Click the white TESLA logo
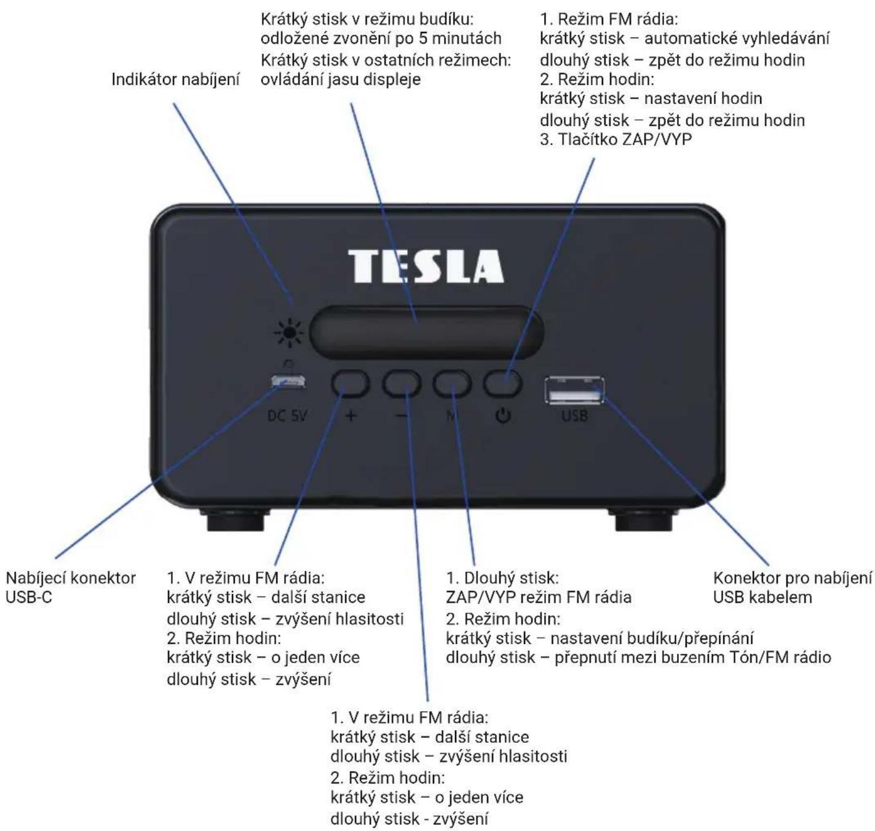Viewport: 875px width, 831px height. [426, 266]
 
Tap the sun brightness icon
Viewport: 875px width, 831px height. [289, 333]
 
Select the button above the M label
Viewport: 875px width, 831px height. [451, 383]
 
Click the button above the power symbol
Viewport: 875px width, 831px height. [502, 383]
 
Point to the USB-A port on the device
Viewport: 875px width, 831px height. [574, 391]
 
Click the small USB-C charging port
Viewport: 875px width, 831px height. [288, 381]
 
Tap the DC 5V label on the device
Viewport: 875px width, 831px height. [287, 416]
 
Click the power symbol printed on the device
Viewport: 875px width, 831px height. [503, 416]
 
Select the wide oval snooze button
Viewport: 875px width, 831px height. [426, 332]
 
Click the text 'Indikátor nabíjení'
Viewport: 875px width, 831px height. [175, 79]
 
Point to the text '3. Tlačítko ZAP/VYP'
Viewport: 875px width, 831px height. [616, 140]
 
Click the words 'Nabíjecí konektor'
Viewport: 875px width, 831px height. [71, 578]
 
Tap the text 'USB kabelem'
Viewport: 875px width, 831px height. [762, 597]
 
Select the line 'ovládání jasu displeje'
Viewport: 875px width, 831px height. [341, 79]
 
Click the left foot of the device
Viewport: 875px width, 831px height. [236, 520]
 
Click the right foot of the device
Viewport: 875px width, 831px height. [643, 520]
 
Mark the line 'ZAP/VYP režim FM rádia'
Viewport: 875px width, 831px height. [539, 597]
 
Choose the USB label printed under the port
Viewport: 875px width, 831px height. [574, 416]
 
